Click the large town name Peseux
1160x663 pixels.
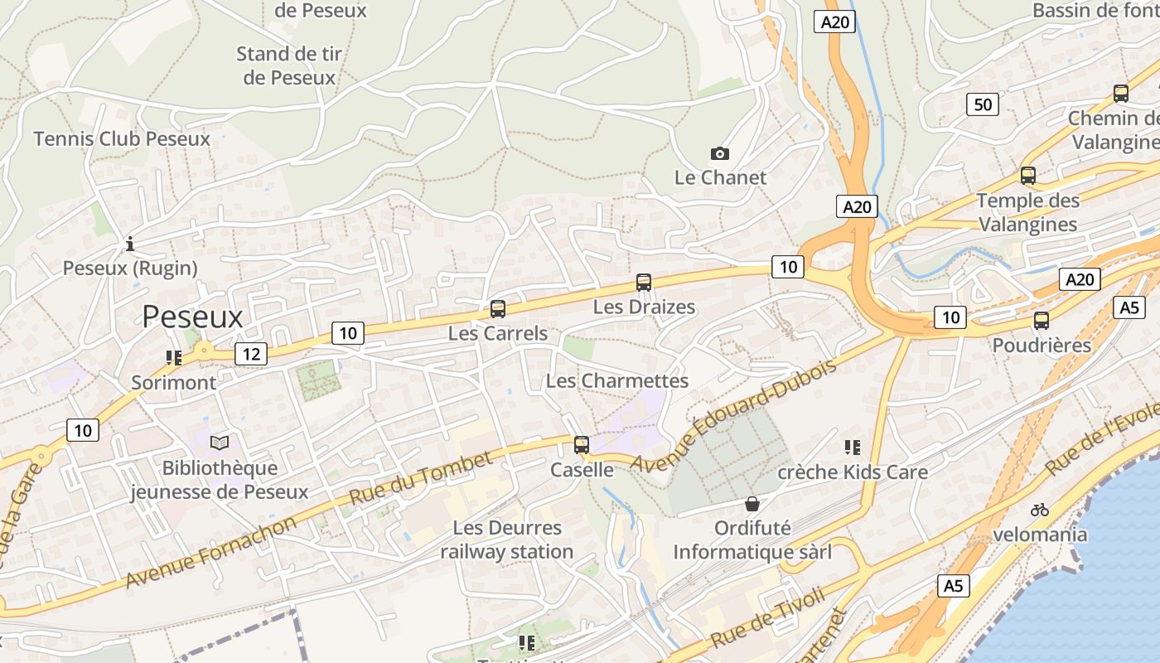point(192,317)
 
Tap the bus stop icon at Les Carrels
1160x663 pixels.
point(498,309)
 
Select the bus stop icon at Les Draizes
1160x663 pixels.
point(644,283)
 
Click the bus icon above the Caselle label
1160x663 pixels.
point(582,445)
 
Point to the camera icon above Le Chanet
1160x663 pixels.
point(720,153)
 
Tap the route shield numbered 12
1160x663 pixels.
point(251,355)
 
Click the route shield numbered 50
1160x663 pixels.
point(983,104)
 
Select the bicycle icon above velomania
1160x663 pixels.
point(1040,510)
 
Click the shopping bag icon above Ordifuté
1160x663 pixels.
point(752,503)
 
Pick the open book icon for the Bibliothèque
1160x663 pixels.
point(219,443)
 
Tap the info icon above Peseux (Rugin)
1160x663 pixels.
point(130,244)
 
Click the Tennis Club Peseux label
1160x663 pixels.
point(122,138)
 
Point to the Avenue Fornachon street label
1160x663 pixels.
point(210,552)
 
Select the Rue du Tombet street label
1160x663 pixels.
point(421,479)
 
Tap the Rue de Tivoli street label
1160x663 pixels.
point(768,617)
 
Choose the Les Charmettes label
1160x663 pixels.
point(617,380)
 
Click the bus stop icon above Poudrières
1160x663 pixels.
point(1042,321)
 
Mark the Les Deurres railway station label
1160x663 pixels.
point(506,540)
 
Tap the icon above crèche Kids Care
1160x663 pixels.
point(852,448)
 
